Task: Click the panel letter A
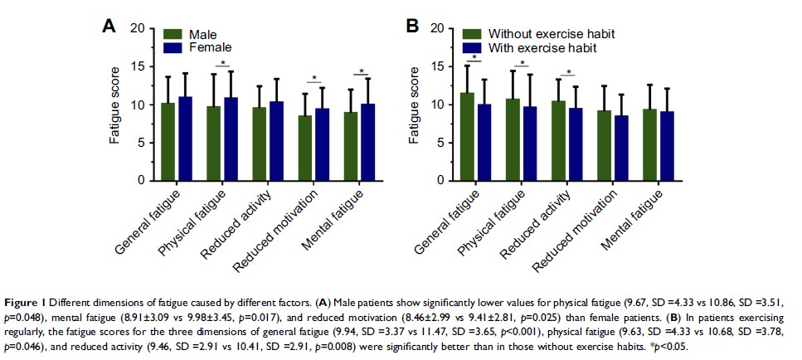point(109,26)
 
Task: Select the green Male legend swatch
point(173,34)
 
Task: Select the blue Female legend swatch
point(173,48)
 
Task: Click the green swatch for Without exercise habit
point(472,34)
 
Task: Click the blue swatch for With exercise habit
point(472,48)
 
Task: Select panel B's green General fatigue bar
point(468,136)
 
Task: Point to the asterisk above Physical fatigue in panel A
point(221,63)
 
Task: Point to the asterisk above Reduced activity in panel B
point(569,71)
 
